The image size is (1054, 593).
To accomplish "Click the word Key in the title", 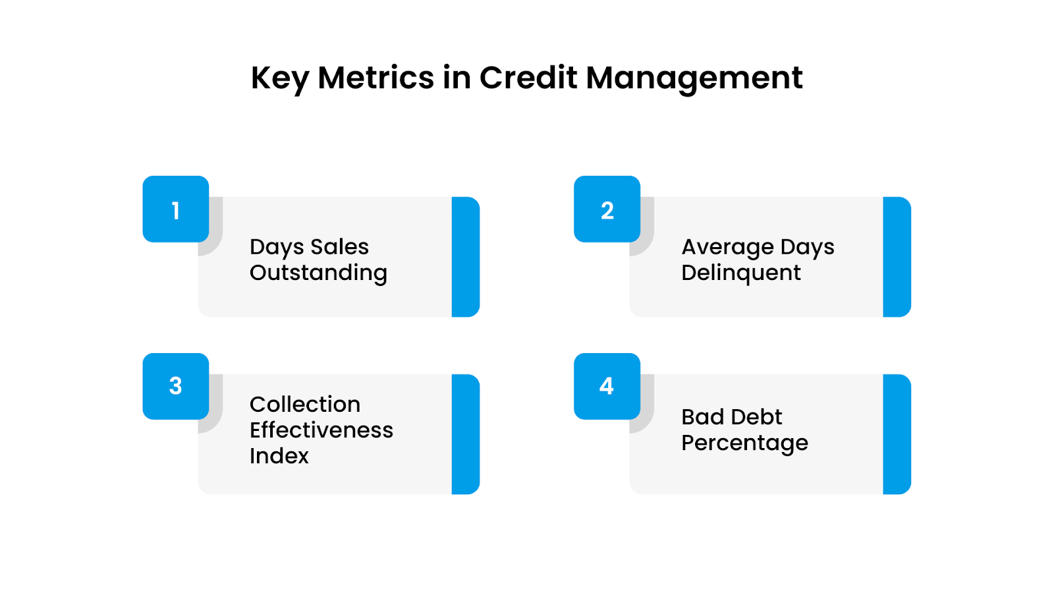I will point(280,78).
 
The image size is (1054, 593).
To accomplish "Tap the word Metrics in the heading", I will point(375,78).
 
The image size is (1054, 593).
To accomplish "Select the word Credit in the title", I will point(528,78).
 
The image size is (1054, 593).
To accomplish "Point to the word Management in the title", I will point(694,79).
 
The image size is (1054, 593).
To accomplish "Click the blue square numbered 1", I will point(176,209).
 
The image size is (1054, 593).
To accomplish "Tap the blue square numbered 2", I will point(607,209).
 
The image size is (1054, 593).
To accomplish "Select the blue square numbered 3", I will point(176,386).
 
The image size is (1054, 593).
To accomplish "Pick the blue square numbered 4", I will point(607,386).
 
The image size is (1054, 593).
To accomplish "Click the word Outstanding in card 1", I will point(318,273).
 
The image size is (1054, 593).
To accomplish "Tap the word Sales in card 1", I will point(339,247).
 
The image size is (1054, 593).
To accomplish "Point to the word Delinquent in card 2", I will point(741,273).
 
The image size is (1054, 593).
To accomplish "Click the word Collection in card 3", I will point(305,404).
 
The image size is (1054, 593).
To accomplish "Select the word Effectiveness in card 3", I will point(321,430).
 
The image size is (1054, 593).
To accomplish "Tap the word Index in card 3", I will point(279,456).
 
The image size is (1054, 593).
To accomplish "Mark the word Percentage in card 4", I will point(744,443).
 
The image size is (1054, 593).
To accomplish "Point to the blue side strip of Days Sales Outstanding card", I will point(466,257).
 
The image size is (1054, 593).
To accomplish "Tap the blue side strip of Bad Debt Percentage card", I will point(897,434).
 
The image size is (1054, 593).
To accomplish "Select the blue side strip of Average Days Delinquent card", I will point(897,257).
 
